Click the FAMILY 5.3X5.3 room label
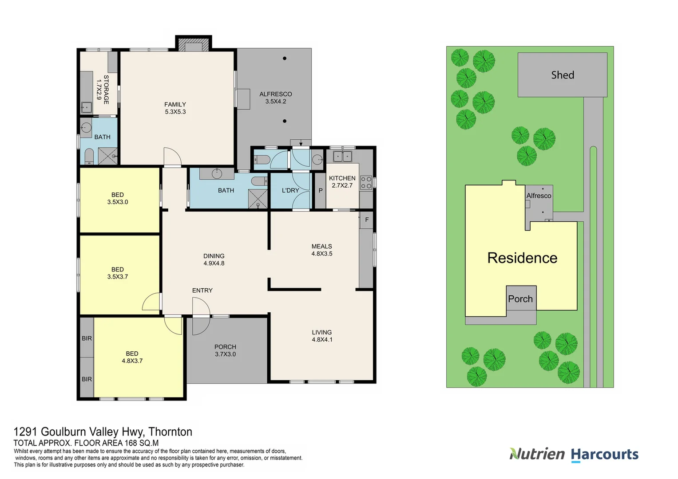point(175,108)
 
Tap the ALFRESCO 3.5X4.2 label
point(275,98)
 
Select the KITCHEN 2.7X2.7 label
point(342,182)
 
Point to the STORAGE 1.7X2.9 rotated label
point(103,90)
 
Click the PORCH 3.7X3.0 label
point(225,350)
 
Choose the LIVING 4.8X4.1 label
point(322,336)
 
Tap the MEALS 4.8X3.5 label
point(322,250)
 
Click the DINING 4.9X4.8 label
point(214,259)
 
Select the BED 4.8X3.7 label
point(132,357)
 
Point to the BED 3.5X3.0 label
point(118,198)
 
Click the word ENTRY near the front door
point(202,291)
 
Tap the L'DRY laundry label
point(290,190)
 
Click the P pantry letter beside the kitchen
point(321,191)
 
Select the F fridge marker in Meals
point(367,220)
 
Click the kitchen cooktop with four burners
point(366,182)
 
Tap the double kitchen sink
point(342,156)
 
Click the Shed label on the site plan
point(563,75)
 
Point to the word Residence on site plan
point(522,258)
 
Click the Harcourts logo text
point(604,454)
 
